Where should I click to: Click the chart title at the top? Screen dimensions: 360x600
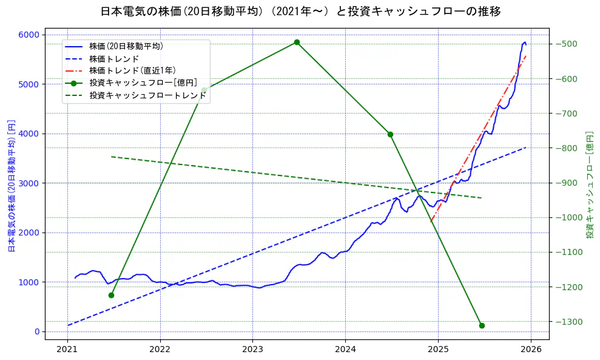coord(300,11)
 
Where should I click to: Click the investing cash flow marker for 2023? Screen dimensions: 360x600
coord(297,42)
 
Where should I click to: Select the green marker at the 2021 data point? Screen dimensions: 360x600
coord(111,295)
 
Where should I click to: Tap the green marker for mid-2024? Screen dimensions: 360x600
coord(390,134)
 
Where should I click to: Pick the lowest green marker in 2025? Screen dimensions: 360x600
coord(482,325)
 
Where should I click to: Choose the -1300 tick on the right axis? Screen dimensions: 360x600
coord(566,322)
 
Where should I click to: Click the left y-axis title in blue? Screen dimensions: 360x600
coord(11,185)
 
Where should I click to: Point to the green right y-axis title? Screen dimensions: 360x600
coord(589,184)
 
